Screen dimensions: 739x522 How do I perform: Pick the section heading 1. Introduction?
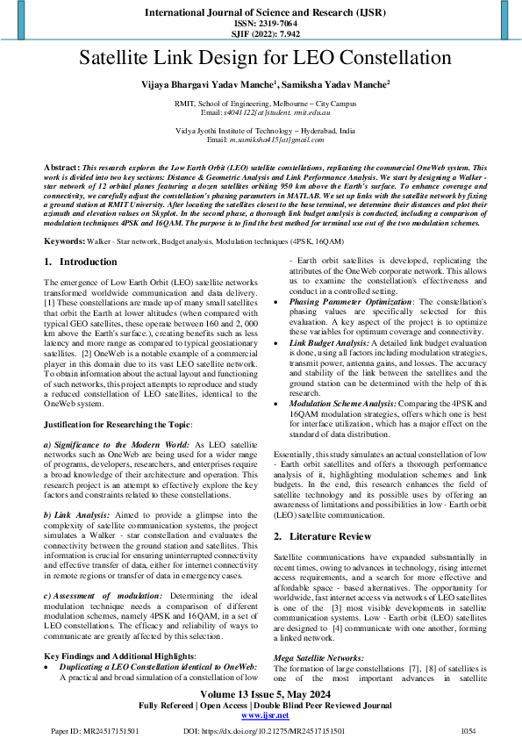[80, 262]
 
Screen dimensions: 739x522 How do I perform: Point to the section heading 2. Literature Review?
[322, 535]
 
